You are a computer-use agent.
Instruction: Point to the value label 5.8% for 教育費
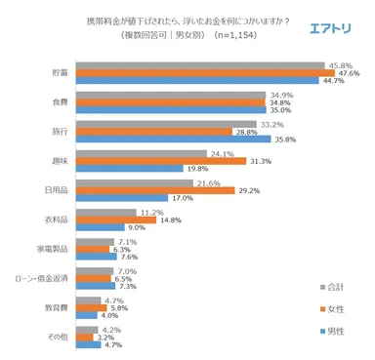[x=119, y=308]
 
